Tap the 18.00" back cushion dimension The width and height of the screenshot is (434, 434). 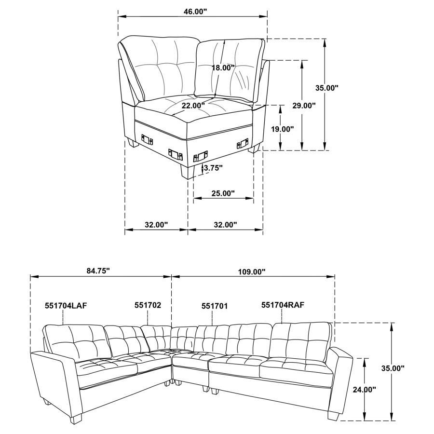(223, 68)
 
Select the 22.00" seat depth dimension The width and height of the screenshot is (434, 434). (193, 105)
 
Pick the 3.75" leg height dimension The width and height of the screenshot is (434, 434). (212, 168)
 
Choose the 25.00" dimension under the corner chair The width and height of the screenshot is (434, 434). (222, 193)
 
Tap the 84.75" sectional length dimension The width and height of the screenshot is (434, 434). (98, 271)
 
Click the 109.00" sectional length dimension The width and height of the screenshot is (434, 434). (252, 272)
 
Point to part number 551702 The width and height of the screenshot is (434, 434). (148, 305)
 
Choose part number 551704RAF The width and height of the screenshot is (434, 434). (283, 305)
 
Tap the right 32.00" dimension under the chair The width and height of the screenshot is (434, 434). (225, 225)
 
